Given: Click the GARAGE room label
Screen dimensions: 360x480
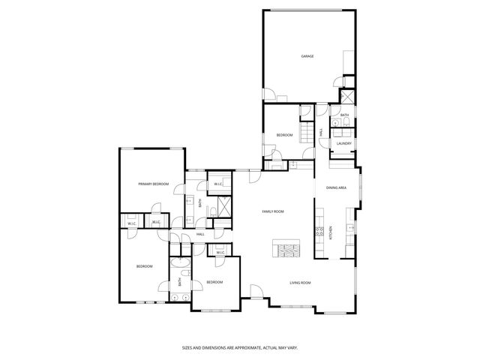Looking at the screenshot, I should coord(307,56).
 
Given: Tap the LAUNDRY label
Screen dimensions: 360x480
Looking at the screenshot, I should coord(344,143).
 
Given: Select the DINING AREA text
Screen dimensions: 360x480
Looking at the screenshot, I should coord(336,187).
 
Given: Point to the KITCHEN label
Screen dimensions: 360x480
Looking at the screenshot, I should coord(331,233).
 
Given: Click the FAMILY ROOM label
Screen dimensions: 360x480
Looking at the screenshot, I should coord(272,212).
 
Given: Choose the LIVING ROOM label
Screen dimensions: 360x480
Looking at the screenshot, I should coord(300,283).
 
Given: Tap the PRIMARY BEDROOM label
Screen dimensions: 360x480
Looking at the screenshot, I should coord(153,184).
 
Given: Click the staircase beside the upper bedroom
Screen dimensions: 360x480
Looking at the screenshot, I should coord(305,133).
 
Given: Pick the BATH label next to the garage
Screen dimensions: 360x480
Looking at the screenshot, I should coord(344,115).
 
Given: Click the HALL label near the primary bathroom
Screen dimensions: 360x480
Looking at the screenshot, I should coord(200,235).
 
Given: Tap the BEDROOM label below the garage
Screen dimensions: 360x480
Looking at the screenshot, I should coord(284,135).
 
